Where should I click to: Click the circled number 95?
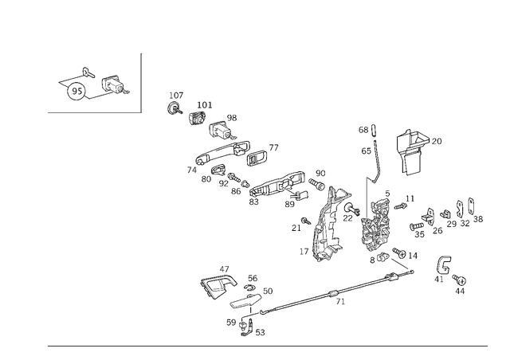click(x=76, y=92)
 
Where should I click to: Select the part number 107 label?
click(x=176, y=96)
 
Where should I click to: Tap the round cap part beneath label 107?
click(x=174, y=108)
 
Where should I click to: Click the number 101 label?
click(x=205, y=105)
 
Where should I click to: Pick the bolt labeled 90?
click(x=316, y=184)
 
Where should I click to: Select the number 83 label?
click(x=253, y=202)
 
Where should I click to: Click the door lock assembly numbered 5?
click(x=375, y=226)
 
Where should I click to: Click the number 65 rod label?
click(x=366, y=151)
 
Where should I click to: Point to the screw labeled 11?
click(x=400, y=206)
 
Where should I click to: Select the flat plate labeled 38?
click(x=471, y=205)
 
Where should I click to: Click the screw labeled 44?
click(x=460, y=279)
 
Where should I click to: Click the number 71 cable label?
click(x=340, y=302)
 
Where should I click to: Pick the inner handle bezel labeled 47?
click(x=218, y=286)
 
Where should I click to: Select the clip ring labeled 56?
click(x=249, y=288)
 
